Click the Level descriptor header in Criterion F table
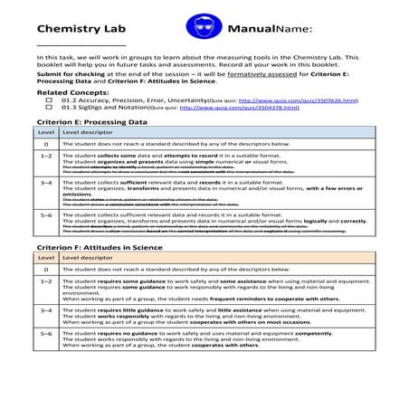coord(87,258)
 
